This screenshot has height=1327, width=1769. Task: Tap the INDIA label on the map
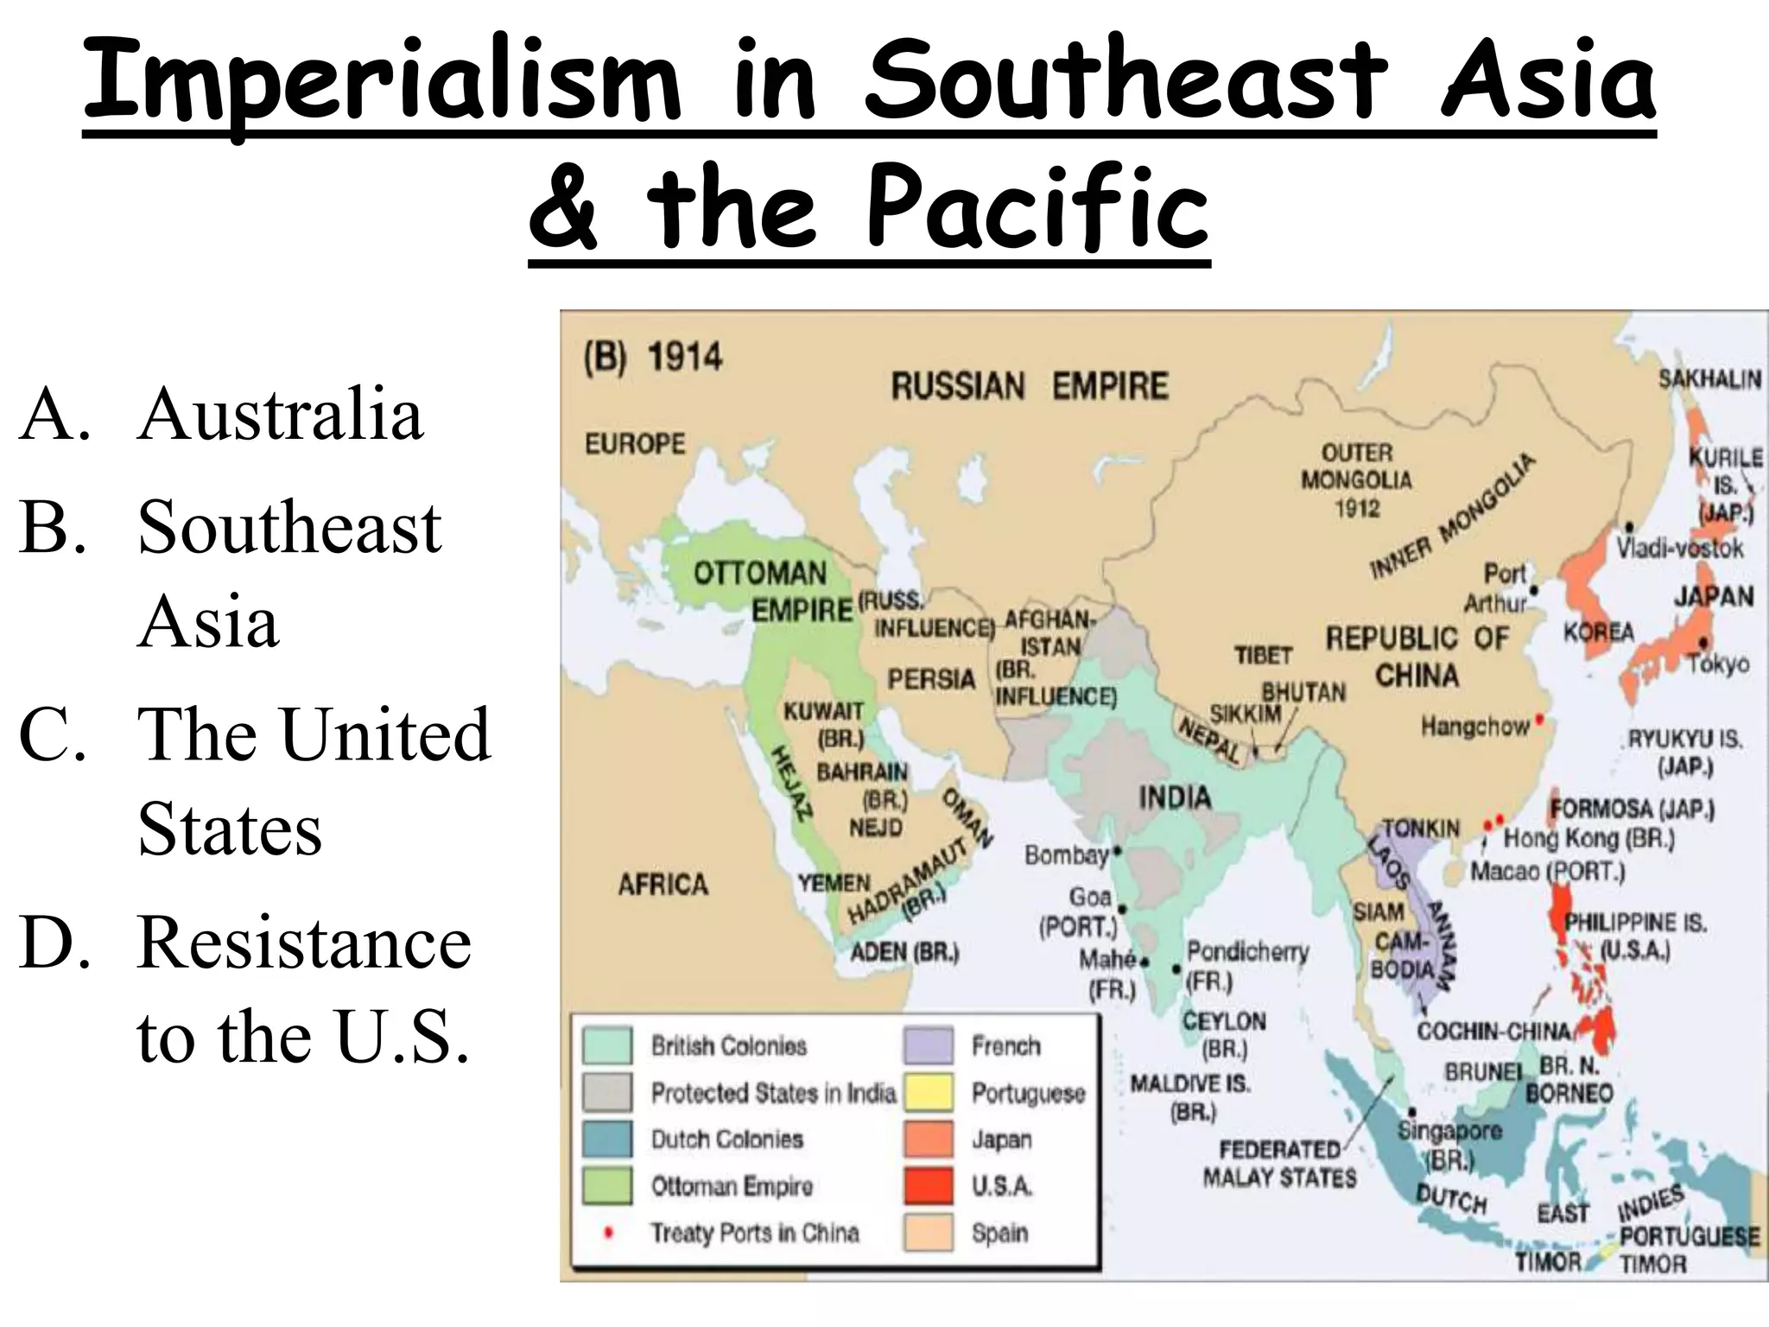point(1174,797)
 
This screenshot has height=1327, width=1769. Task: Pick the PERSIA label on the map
point(930,679)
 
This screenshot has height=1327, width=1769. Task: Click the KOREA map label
point(1598,632)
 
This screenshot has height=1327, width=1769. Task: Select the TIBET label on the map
point(1263,656)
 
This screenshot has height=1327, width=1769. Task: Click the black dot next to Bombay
point(1117,851)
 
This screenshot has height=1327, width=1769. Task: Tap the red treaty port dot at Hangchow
point(1539,720)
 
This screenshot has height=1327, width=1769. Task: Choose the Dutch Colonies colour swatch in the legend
point(606,1139)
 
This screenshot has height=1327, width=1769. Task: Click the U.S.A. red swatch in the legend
point(929,1185)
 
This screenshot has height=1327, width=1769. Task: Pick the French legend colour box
point(929,1045)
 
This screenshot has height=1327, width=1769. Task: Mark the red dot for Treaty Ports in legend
point(608,1233)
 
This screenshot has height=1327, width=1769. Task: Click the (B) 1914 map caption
point(653,357)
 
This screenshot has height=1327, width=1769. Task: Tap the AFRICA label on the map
point(663,884)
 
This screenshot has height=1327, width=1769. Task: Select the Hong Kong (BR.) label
point(1588,838)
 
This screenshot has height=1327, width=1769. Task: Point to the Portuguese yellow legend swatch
point(929,1092)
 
